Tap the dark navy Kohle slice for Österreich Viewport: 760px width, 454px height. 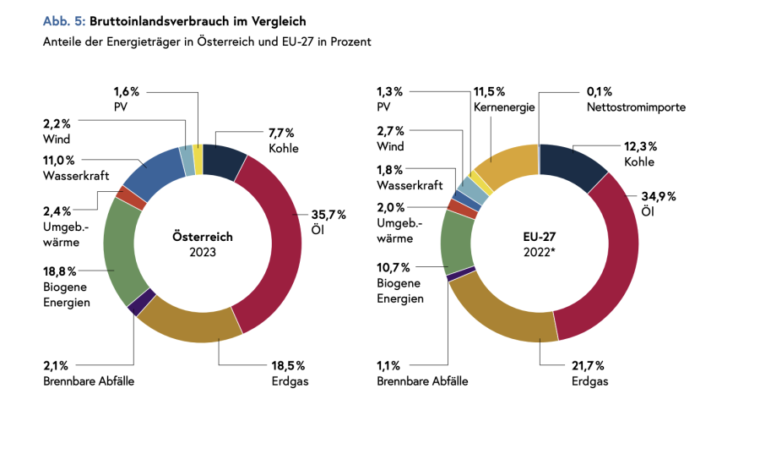click(225, 161)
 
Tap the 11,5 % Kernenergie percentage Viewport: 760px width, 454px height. click(489, 91)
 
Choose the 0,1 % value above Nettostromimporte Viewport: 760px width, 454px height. click(599, 91)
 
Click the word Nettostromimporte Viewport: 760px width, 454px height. click(636, 107)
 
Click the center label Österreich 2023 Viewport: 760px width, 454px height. click(203, 244)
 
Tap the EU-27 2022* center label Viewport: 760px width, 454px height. click(540, 244)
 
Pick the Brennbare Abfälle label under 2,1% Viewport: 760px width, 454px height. click(89, 381)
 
